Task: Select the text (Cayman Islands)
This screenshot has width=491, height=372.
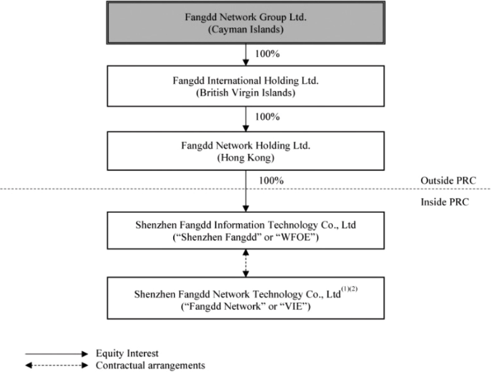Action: click(246, 30)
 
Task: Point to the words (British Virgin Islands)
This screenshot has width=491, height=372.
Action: click(246, 93)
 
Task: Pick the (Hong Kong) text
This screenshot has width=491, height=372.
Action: click(246, 158)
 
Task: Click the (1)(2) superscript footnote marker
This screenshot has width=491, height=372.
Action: click(349, 289)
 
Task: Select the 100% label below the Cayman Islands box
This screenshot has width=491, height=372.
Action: click(267, 54)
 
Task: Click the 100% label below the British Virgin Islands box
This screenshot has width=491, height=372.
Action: click(267, 117)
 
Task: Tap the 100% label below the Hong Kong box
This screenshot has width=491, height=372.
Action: click(271, 181)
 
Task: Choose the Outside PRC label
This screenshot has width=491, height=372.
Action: click(448, 181)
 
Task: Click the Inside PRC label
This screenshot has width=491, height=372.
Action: click(444, 202)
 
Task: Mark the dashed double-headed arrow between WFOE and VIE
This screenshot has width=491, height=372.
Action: click(246, 263)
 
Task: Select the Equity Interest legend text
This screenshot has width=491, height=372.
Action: click(127, 354)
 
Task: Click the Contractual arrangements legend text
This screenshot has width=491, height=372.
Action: click(150, 365)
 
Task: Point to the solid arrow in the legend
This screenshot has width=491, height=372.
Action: click(56, 354)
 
